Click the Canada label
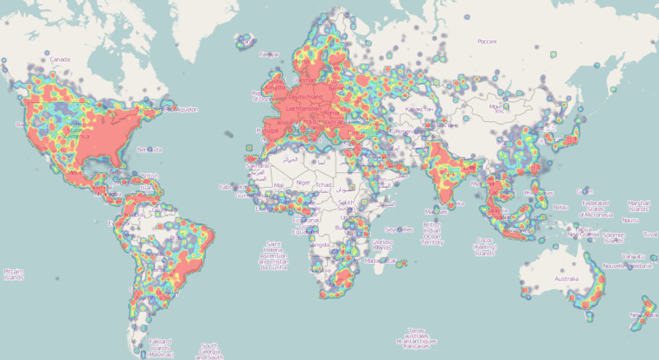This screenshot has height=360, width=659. [58, 60]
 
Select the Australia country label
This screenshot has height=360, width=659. [566, 279]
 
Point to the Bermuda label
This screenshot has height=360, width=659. [151, 149]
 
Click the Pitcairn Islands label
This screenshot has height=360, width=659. [14, 274]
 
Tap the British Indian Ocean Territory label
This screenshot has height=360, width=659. [433, 232]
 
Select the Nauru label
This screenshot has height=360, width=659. [630, 220]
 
